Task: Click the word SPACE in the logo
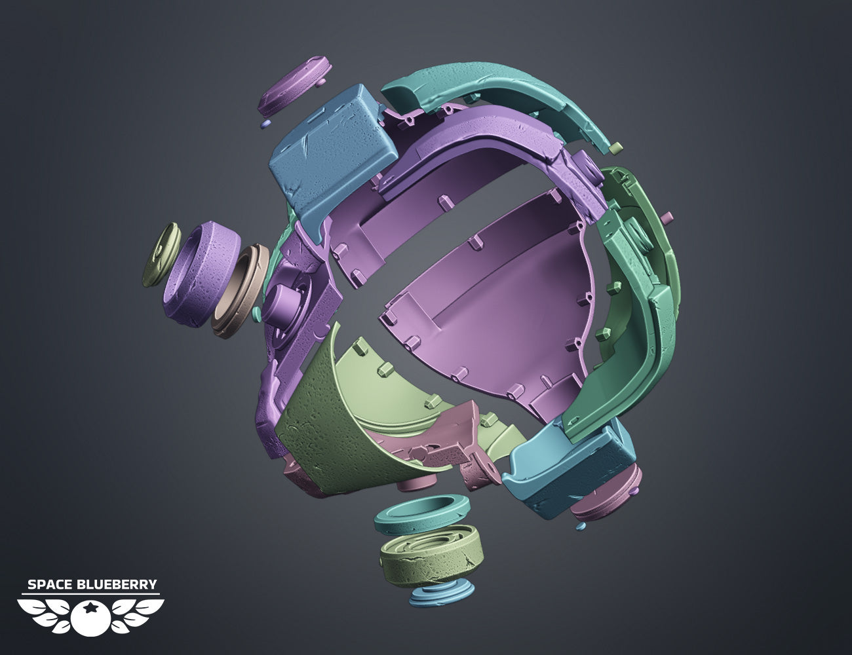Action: point(49,584)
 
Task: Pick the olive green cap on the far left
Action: point(161,255)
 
